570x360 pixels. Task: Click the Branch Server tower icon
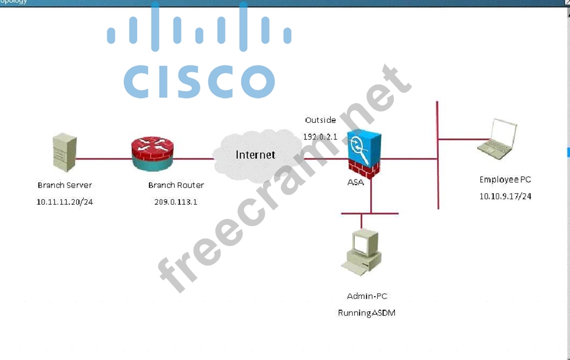64,153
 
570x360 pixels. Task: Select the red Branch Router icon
152,153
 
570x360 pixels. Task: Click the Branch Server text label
65,185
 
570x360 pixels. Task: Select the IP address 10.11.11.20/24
65,202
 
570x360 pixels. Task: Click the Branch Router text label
176,185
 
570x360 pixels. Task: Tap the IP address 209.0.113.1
176,202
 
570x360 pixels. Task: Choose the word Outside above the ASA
320,120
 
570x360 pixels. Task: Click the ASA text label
355,182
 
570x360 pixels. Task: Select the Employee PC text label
505,179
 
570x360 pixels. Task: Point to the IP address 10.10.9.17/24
505,196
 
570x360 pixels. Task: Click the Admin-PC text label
367,296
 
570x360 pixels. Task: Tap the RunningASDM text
366,313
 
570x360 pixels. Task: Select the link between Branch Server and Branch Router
103,159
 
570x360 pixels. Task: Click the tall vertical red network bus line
438,181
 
